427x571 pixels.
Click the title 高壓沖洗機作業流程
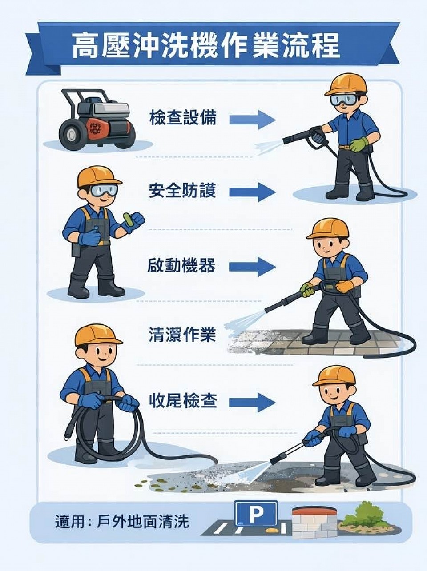pos(205,46)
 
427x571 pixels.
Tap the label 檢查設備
pos(183,117)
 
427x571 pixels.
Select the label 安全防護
pos(182,191)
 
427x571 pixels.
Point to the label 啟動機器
pos(181,265)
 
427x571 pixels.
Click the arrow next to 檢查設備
pos(252,120)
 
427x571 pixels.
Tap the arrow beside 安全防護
pos(252,192)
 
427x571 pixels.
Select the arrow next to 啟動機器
pos(252,267)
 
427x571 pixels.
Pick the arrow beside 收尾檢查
pos(252,409)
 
